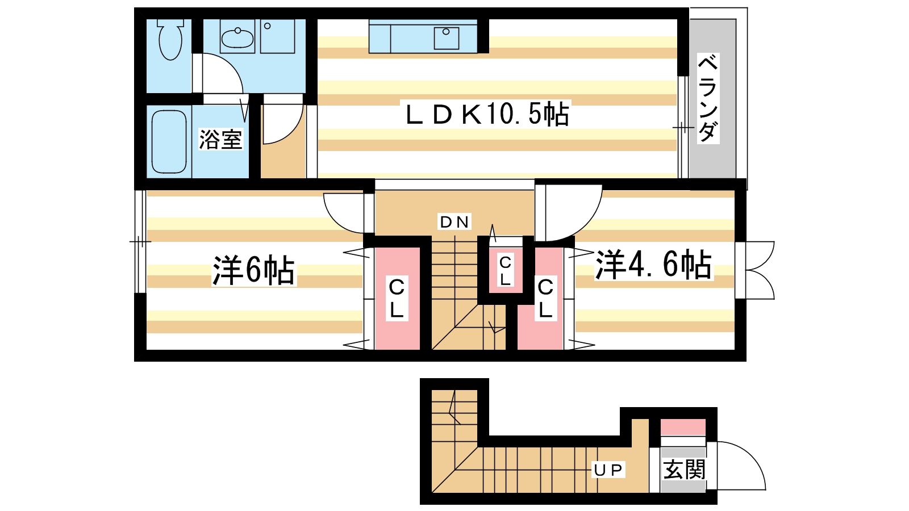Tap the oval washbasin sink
(x=237, y=37)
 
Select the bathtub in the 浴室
(x=169, y=141)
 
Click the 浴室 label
(x=220, y=139)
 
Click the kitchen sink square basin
(x=447, y=38)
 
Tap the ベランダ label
(x=708, y=99)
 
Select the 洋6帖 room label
(x=254, y=270)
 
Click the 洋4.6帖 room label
(x=653, y=265)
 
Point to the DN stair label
(x=454, y=222)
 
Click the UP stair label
(x=608, y=470)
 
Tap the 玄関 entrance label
(x=684, y=470)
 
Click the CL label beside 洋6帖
(x=397, y=299)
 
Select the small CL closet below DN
(x=506, y=270)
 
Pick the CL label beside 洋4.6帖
(x=545, y=298)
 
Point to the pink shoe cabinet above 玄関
(x=683, y=428)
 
